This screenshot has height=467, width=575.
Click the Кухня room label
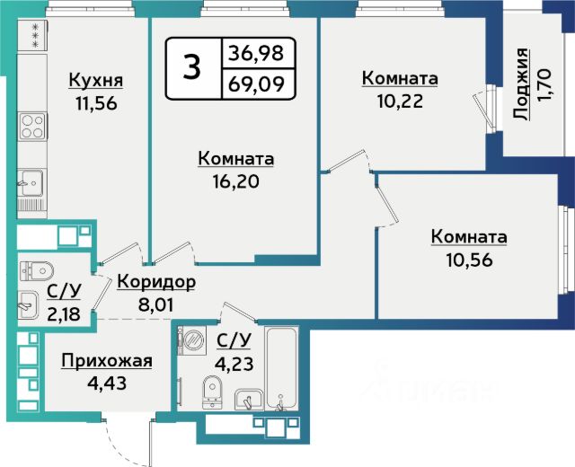pos(96,80)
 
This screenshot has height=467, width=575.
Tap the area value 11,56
pos(96,104)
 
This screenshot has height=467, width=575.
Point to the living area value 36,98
pos(256,53)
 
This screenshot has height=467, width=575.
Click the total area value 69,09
pos(256,84)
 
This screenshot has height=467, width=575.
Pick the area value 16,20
pos(235,181)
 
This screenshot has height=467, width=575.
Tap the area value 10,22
pos(400,101)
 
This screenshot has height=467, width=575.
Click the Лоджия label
pos(521,84)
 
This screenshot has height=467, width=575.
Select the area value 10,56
pos(469,260)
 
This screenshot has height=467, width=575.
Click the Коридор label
pos(156,282)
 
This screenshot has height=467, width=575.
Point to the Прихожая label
pos(107,361)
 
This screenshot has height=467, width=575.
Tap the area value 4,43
pos(107,383)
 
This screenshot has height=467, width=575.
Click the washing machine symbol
pos(191,340)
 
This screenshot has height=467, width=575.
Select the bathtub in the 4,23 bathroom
pos(281,368)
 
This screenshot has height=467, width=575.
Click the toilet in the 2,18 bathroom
pos(36,271)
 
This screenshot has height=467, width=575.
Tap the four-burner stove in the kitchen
pos(32,126)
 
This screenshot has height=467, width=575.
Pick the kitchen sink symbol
pos(31,183)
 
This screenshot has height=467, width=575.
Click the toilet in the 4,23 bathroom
pos(212,392)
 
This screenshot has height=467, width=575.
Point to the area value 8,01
pos(155,304)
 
